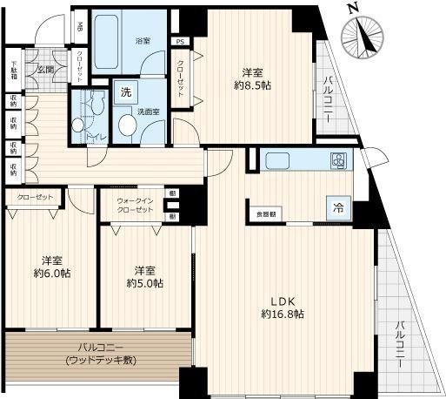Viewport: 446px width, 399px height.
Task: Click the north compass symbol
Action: pyautogui.click(x=364, y=35)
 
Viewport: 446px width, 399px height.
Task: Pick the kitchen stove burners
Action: pyautogui.click(x=337, y=160)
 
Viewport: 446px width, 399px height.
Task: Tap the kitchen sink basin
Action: pyautogui.click(x=281, y=160)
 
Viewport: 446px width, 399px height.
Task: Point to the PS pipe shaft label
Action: pyautogui.click(x=180, y=41)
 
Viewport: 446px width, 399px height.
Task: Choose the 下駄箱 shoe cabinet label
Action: pyautogui.click(x=14, y=68)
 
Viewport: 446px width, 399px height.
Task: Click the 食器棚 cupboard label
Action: pyautogui.click(x=265, y=213)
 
